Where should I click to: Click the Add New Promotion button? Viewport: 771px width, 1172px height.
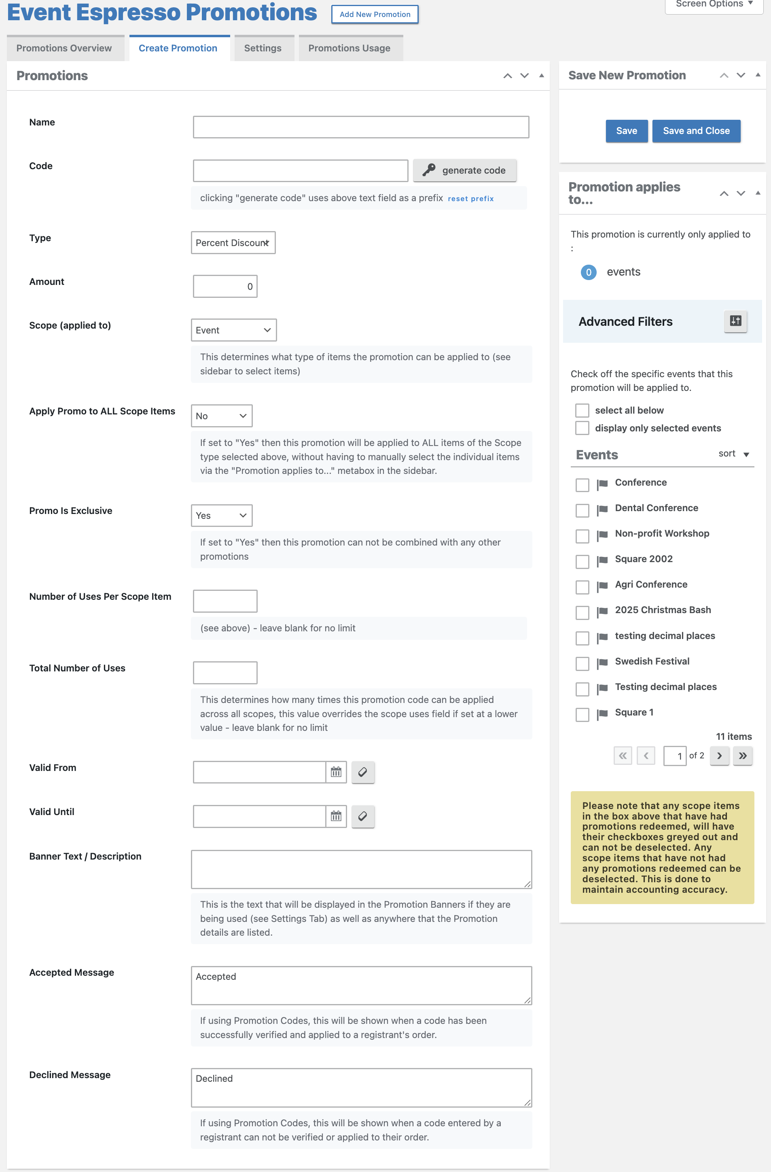click(x=375, y=14)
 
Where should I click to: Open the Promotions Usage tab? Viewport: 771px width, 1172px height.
click(x=349, y=48)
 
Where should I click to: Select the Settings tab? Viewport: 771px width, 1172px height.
click(x=263, y=48)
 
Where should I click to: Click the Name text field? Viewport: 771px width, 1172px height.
click(x=361, y=127)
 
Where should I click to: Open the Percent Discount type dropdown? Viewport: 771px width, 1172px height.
click(x=233, y=243)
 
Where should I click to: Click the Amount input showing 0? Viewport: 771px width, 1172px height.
click(x=225, y=286)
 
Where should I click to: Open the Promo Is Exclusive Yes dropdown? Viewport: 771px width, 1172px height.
click(x=222, y=516)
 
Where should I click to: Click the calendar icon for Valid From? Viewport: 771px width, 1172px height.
click(x=336, y=772)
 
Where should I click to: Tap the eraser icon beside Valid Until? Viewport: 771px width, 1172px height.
click(x=363, y=816)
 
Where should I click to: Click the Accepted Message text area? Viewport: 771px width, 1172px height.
click(x=361, y=985)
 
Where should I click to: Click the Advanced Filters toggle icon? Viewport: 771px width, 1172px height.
click(x=735, y=321)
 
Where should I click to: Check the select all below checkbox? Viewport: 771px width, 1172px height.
click(x=582, y=410)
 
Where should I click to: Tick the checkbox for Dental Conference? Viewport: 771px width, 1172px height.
click(x=582, y=510)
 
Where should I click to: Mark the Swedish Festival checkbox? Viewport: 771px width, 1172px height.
click(x=582, y=663)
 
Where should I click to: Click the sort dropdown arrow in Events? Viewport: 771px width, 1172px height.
click(x=746, y=454)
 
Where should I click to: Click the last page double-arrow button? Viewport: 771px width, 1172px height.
click(x=742, y=756)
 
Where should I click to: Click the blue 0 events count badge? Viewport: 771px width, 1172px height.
click(x=588, y=272)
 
